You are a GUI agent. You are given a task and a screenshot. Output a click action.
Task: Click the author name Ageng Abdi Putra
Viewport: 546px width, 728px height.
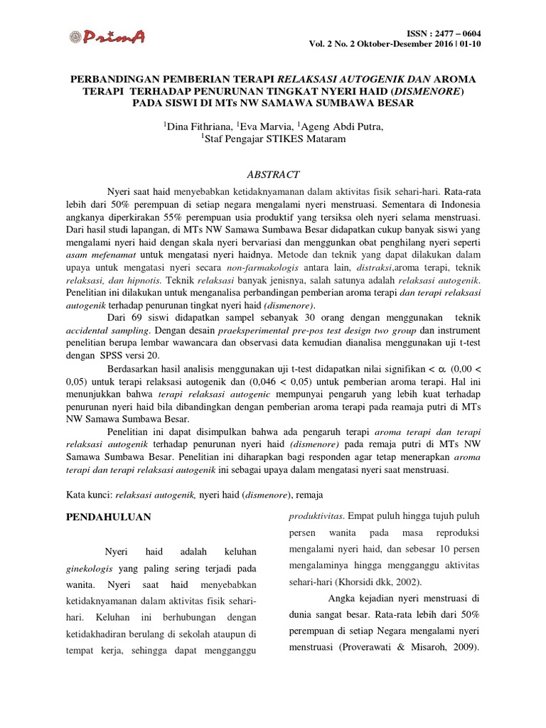[x=341, y=127]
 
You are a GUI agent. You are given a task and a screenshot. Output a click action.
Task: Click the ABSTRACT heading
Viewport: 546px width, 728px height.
[x=273, y=175]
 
